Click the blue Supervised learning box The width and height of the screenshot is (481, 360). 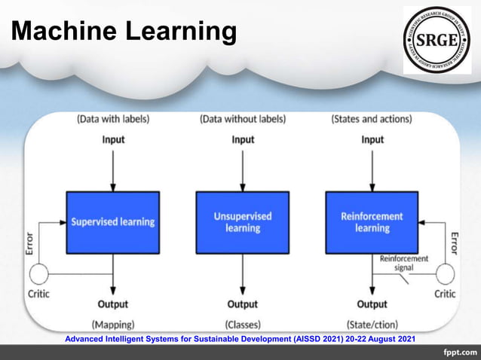click(x=113, y=222)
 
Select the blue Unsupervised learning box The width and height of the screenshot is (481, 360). click(x=242, y=222)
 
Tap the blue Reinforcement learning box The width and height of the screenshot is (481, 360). click(x=372, y=222)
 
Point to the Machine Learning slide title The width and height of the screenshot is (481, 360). click(x=124, y=32)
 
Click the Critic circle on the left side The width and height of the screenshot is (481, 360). click(x=38, y=273)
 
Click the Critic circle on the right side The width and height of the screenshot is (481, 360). click(x=446, y=273)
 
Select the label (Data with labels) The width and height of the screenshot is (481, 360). click(x=113, y=119)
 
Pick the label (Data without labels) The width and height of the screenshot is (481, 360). click(x=242, y=119)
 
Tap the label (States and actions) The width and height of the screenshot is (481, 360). click(x=372, y=119)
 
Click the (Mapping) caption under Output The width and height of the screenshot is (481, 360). click(x=113, y=325)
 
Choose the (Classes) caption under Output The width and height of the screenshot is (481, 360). click(x=243, y=325)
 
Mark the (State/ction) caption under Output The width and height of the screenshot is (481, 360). click(x=372, y=325)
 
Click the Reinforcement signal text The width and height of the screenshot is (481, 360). click(x=406, y=263)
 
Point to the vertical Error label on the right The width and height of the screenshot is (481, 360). click(x=453, y=243)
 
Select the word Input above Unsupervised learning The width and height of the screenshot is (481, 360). click(x=242, y=140)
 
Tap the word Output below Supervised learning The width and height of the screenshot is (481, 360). click(x=113, y=304)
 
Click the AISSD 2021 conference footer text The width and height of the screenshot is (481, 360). click(x=240, y=339)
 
